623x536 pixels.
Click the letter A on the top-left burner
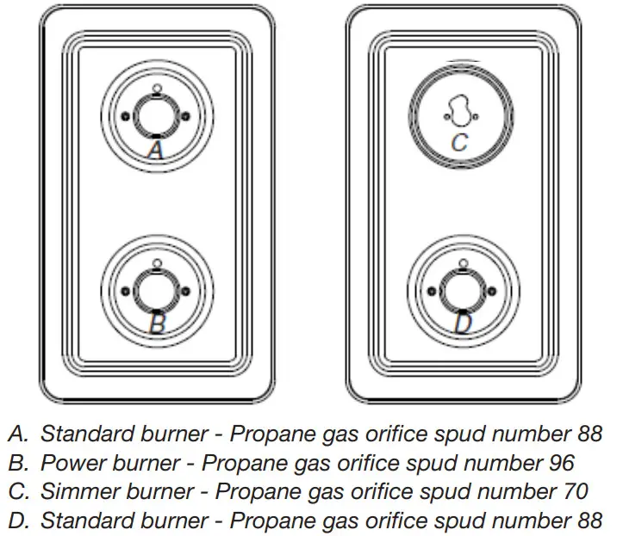[x=155, y=151]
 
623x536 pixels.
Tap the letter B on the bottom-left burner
[x=156, y=323]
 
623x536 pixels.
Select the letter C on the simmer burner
[x=459, y=143]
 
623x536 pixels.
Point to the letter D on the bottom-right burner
[x=463, y=323]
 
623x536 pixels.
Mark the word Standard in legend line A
[x=83, y=433]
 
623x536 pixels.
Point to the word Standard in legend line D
[x=83, y=521]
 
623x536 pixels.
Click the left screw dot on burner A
[x=126, y=117]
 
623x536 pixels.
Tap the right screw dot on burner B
[x=185, y=291]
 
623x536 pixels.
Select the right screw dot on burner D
[x=492, y=292]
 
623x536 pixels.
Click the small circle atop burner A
[x=155, y=88]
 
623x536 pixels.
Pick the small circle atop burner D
[x=462, y=262]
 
